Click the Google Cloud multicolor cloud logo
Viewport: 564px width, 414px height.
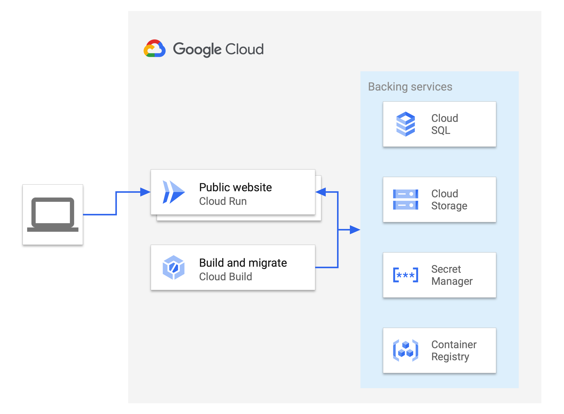tap(154, 49)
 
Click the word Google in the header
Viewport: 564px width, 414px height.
tap(197, 49)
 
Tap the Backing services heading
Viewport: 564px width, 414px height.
tap(410, 87)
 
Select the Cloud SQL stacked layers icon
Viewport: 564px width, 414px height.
tap(405, 124)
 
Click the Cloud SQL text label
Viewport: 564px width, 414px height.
tap(444, 124)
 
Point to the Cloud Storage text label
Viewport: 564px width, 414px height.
tap(449, 200)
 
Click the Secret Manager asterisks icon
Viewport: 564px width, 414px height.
tap(405, 275)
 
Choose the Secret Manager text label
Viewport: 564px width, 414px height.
tap(451, 275)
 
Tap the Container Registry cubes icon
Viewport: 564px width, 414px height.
tap(405, 350)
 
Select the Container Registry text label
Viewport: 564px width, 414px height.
tap(454, 350)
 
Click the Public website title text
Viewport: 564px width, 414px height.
tap(235, 187)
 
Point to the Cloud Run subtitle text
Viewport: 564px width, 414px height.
tap(223, 201)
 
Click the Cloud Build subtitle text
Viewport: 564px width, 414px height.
tap(225, 277)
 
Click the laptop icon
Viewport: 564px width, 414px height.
tap(53, 214)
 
